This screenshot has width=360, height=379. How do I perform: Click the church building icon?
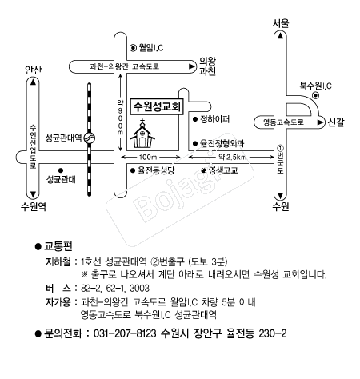pyautogui.click(x=142, y=134)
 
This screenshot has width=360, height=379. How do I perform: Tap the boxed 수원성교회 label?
pyautogui.click(x=157, y=106)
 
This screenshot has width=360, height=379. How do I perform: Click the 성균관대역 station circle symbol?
pyautogui.click(x=90, y=138)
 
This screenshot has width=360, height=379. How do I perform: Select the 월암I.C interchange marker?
pyautogui.click(x=133, y=48)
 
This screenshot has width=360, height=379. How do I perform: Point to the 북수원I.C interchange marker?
pyautogui.click(x=316, y=95)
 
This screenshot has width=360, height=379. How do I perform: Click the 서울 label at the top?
pyautogui.click(x=281, y=23)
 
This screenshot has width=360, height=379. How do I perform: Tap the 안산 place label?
pyautogui.click(x=34, y=70)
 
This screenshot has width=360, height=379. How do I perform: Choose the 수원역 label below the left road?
pyautogui.click(x=34, y=206)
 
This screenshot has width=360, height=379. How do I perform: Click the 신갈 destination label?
pyautogui.click(x=336, y=122)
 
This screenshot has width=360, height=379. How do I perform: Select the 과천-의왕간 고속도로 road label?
pyautogui.click(x=125, y=66)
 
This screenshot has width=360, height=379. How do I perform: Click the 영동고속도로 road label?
pyautogui.click(x=283, y=122)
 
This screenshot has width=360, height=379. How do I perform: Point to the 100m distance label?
pyautogui.click(x=148, y=157)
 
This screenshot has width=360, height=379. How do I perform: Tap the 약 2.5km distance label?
pyautogui.click(x=232, y=157)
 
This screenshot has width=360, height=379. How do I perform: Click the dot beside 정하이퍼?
pyautogui.click(x=195, y=119)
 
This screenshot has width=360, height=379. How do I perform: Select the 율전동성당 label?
pyautogui.click(x=156, y=170)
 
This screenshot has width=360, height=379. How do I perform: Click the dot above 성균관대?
pyautogui.click(x=61, y=170)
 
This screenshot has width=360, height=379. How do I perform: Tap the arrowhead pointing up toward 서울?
pyautogui.click(x=280, y=35)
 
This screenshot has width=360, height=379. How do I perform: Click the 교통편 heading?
pyautogui.click(x=58, y=246)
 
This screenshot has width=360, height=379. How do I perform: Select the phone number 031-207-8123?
pyautogui.click(x=125, y=333)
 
